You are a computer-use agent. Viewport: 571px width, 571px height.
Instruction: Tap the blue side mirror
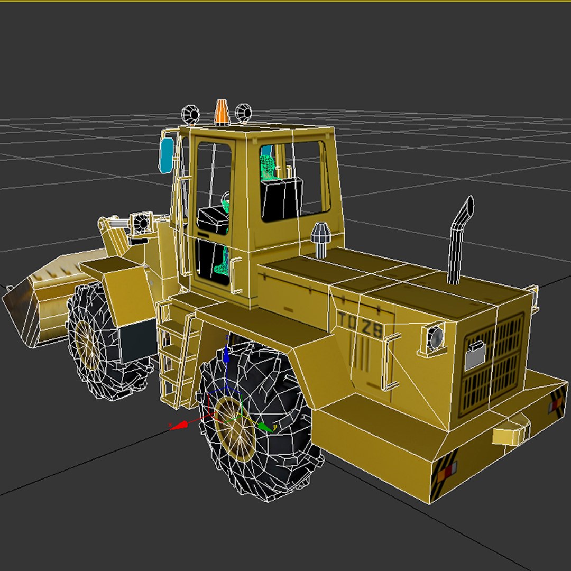166,155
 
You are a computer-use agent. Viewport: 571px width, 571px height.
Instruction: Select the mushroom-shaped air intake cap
319,237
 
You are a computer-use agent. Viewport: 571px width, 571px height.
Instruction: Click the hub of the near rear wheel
236,426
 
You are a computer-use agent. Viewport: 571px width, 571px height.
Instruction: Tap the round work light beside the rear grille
435,337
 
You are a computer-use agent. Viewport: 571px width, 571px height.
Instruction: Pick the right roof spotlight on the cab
243,112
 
